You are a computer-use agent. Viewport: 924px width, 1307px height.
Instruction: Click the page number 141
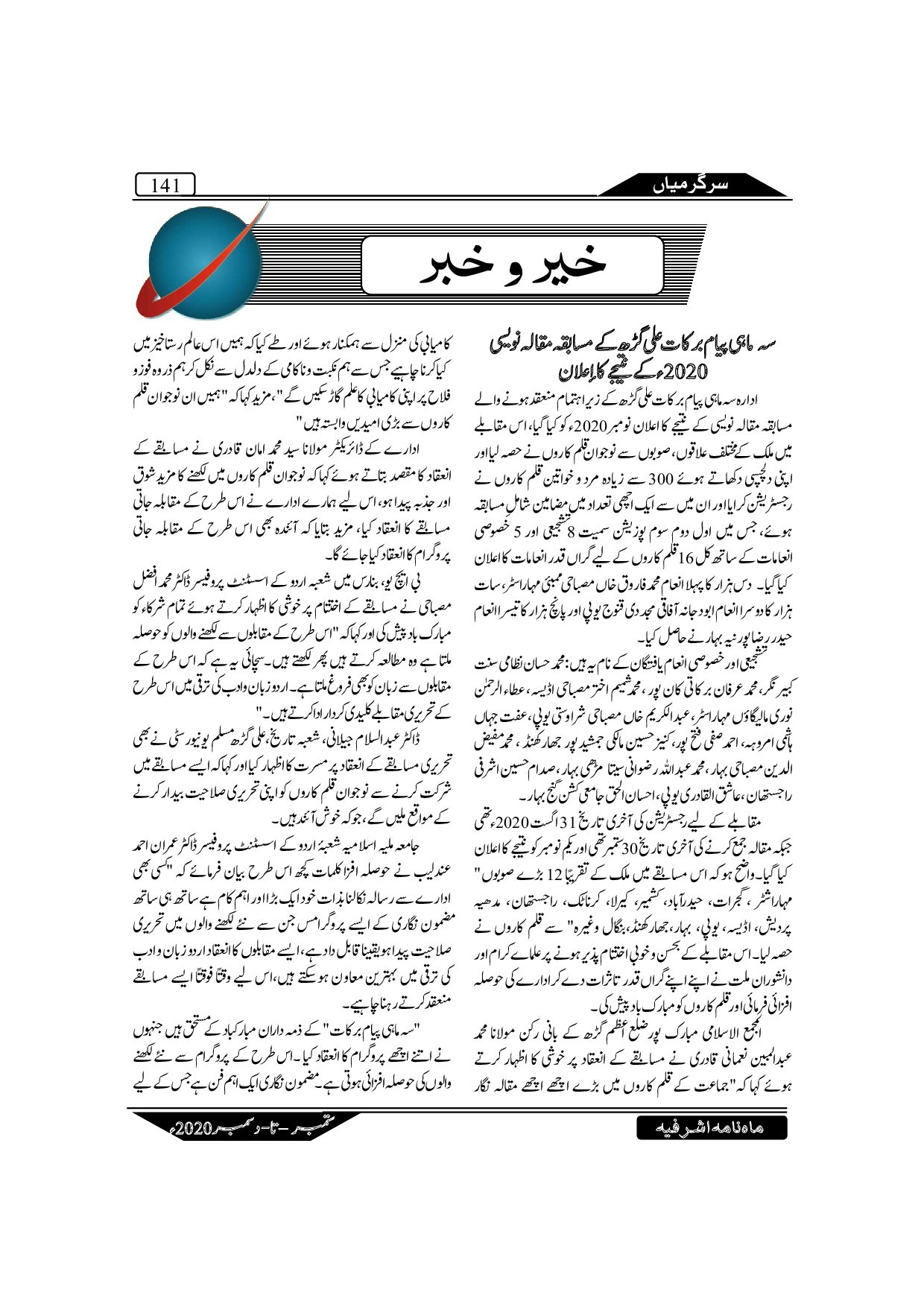[163, 184]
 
